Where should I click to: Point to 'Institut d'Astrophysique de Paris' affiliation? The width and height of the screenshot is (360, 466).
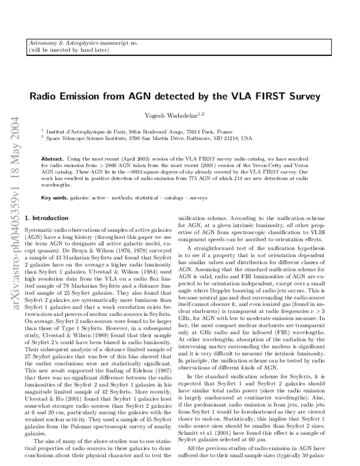[x=83, y=130]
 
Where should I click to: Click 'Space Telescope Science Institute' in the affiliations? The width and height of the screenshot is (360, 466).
[x=88, y=138]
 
